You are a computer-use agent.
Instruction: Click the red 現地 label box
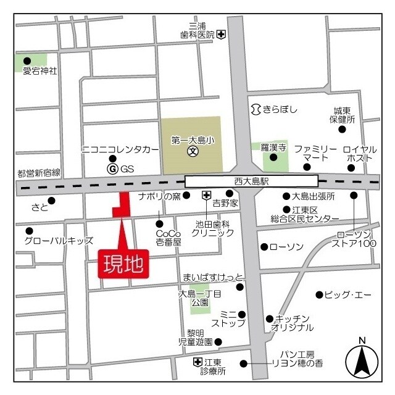[123, 265]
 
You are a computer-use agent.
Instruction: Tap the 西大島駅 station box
[251, 181]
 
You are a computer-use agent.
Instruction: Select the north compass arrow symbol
[362, 361]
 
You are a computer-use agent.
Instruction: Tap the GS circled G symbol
[112, 168]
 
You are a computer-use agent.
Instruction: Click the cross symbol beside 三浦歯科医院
[221, 35]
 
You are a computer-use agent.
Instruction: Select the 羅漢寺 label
[273, 148]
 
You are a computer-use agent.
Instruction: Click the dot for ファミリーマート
[307, 167]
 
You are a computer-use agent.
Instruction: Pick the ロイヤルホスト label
[358, 154]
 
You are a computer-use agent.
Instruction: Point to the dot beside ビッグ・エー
[319, 294]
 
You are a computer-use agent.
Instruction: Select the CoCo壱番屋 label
[168, 238]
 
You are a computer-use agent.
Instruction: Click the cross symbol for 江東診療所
[197, 361]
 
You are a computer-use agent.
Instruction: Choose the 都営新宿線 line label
[39, 173]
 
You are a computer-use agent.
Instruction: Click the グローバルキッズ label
[59, 240]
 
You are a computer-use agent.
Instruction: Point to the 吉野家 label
[225, 202]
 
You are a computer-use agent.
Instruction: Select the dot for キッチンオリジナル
[269, 318]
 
